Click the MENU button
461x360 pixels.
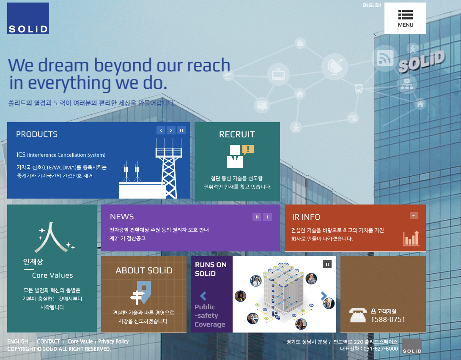click(405, 18)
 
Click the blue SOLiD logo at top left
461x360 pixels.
click(28, 19)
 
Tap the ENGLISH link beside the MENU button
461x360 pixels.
click(372, 5)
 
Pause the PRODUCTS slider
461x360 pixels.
click(181, 131)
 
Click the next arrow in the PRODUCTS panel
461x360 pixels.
click(171, 131)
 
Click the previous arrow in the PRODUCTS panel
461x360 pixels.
click(161, 131)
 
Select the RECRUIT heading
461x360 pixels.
click(237, 134)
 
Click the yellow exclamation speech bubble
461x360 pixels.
click(248, 150)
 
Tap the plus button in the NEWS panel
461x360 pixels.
click(267, 217)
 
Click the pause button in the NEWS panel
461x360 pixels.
click(257, 217)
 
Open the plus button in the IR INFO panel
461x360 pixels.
click(414, 216)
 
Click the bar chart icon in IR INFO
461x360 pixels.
click(412, 238)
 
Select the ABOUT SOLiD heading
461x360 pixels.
click(144, 270)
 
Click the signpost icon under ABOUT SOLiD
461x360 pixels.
click(141, 292)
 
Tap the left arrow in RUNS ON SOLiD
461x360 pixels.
click(203, 296)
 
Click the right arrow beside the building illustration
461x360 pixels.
click(324, 296)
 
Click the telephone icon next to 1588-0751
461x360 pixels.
click(358, 315)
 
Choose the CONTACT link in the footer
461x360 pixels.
click(48, 341)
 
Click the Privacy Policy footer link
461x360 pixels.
click(113, 341)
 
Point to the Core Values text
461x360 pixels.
click(52, 275)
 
